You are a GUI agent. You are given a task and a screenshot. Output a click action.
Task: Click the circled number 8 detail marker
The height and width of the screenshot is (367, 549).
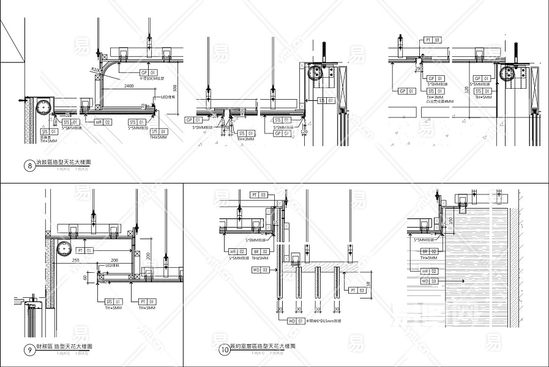point(29,165)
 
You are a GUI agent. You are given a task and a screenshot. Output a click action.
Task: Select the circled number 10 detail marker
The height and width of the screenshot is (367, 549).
point(224,350)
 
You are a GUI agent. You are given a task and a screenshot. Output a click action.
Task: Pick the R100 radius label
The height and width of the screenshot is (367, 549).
point(95,70)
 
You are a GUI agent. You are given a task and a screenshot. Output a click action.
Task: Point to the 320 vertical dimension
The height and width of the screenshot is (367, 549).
point(466,89)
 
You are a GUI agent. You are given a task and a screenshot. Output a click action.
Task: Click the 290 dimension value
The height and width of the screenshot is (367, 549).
point(419,69)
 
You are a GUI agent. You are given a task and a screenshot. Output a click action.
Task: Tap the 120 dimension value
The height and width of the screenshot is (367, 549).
point(304,132)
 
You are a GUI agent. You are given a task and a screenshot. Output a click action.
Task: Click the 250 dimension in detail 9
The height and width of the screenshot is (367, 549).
point(75,261)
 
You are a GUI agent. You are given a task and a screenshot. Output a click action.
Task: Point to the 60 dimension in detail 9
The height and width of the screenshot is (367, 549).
point(86,278)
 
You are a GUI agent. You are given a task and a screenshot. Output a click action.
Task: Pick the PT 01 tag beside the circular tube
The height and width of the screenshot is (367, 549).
point(85,250)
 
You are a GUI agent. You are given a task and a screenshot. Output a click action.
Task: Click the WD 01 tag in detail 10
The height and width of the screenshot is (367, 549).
point(296,321)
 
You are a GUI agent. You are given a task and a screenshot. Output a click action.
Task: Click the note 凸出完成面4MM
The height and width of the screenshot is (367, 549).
point(441,102)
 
